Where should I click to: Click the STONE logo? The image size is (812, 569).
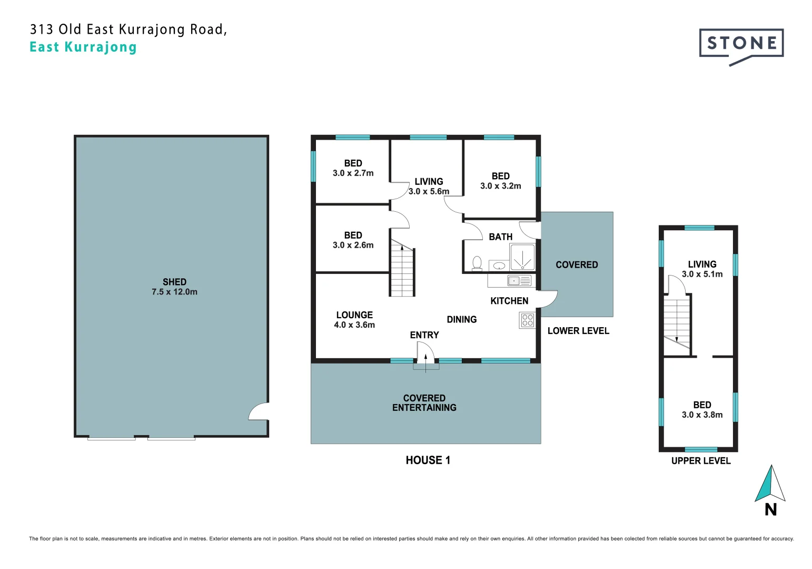741,46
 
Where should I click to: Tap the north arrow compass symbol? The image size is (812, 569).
770,489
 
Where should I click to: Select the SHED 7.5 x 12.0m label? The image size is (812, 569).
174,287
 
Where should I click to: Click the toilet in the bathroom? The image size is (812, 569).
477,263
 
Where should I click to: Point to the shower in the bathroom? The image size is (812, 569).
522,257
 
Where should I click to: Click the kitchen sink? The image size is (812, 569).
519,281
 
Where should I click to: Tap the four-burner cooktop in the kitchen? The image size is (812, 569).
528,320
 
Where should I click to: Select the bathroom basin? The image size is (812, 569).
499,266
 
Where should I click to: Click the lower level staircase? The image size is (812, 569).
402,268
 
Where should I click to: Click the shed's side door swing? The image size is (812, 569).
259,411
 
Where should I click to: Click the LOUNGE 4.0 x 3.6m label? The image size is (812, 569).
354,319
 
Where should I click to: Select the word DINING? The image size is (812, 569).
461,319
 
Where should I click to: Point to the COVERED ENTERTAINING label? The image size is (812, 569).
424,403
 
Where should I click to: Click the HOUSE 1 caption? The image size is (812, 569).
428,460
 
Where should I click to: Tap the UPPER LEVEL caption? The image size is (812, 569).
701,460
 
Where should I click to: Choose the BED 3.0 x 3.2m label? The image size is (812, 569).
501,181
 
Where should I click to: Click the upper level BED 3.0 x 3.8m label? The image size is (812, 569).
702,409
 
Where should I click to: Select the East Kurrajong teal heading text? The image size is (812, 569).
83,47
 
